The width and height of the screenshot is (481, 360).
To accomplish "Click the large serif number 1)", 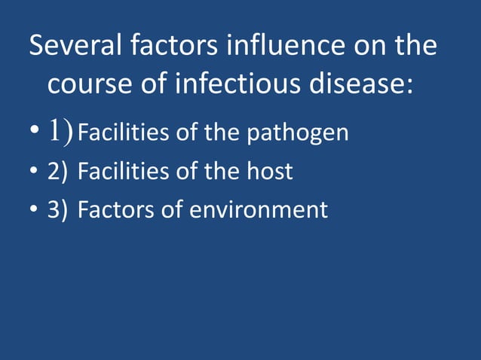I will pyautogui.click(x=61, y=132).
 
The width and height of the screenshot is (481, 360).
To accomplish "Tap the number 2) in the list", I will pyautogui.click(x=57, y=172).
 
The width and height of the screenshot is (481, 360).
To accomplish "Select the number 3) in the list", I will pyautogui.click(x=57, y=209).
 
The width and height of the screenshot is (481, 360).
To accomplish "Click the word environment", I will pyautogui.click(x=259, y=209).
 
